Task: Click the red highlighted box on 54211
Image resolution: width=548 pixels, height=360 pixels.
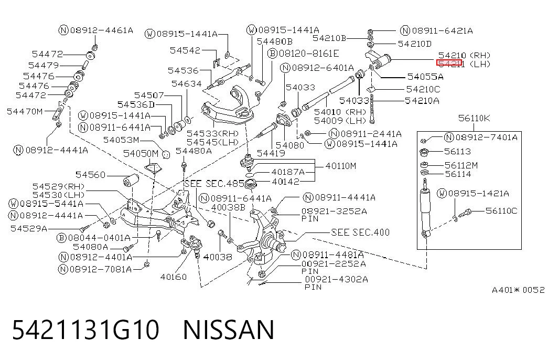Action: coord(449,63)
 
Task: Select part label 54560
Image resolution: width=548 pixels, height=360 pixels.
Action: coord(91,175)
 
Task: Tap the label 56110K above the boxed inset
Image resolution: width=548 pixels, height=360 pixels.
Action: coord(474,118)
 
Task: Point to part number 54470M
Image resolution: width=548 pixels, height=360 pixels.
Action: coord(25,111)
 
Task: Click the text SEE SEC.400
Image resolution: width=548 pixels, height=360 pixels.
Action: coord(360,232)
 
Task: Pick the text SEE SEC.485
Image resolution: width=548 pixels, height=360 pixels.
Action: coord(214,184)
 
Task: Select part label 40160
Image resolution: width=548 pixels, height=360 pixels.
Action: coord(174,277)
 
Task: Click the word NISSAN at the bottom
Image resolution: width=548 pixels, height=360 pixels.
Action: coord(229,330)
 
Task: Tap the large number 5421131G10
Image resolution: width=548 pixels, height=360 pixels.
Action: coord(85,330)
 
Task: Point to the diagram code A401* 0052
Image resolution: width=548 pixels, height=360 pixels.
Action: coord(518,290)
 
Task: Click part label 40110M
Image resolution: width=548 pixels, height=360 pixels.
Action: coord(341,166)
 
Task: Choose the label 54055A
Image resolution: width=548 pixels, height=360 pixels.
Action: coord(425,77)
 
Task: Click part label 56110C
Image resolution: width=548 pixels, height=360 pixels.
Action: coord(501,210)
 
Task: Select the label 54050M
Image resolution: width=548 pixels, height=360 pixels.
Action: coord(141,153)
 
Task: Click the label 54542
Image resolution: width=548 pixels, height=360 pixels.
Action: coord(185,50)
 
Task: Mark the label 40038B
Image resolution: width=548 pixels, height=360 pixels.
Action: coord(228,207)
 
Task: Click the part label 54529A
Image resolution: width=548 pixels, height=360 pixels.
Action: coord(29,228)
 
